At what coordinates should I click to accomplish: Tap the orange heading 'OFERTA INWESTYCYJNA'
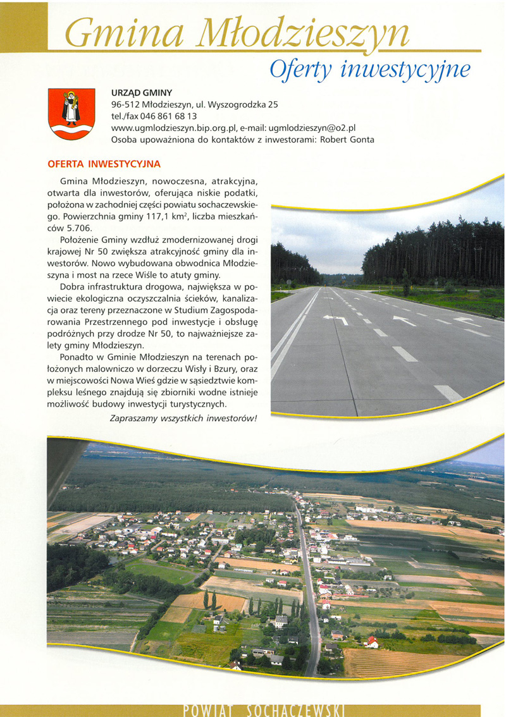pyautogui.click(x=104, y=164)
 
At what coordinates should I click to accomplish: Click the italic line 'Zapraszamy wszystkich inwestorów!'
pyautogui.click(x=183, y=418)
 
